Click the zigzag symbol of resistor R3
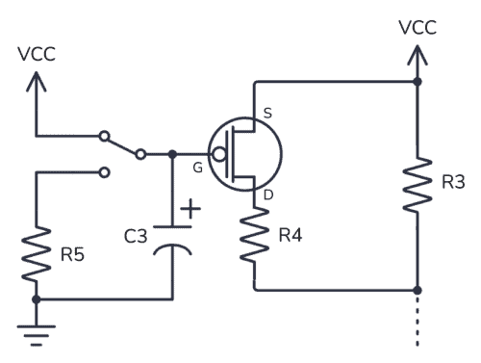tap(417, 185)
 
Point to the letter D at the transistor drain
tap(266, 195)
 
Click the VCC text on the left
tap(37, 54)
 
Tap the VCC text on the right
tap(417, 28)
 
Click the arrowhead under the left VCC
tap(37, 81)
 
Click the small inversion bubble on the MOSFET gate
tap(218, 154)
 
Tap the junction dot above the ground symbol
tap(37, 299)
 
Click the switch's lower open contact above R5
tap(105, 173)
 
